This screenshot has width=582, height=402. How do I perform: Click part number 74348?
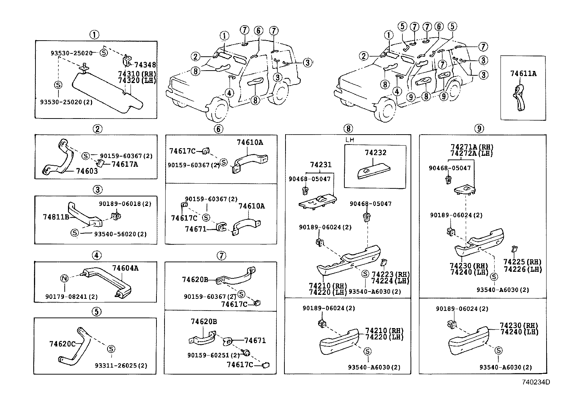(x=145, y=65)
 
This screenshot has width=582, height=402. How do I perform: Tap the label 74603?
(x=87, y=171)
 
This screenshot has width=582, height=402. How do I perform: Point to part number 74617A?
(x=125, y=164)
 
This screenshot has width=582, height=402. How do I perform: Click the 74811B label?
(x=56, y=217)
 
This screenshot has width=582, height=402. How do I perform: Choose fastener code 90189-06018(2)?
(x=125, y=204)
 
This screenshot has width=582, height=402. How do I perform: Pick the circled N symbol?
(x=64, y=279)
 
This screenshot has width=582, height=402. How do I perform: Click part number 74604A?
(x=125, y=268)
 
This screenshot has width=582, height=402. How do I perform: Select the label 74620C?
(x=62, y=344)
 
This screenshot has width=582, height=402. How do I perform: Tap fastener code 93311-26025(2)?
(x=121, y=365)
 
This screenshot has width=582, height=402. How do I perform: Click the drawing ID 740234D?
(x=536, y=382)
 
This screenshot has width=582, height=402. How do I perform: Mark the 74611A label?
(x=523, y=74)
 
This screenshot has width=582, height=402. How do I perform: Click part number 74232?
(x=375, y=153)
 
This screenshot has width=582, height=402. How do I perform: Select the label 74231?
(x=321, y=165)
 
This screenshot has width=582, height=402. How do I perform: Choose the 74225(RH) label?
(x=522, y=262)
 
